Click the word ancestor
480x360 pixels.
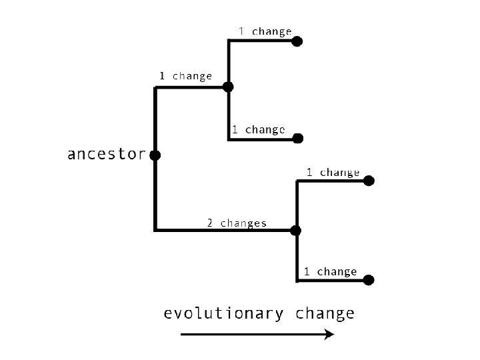tap(106, 155)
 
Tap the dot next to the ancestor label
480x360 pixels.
tap(155, 155)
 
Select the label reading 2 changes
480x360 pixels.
tap(236, 223)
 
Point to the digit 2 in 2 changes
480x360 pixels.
tap(209, 223)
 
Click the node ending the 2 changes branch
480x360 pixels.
tap(296, 231)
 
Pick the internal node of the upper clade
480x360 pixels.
tap(228, 87)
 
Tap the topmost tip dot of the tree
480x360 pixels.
tap(297, 41)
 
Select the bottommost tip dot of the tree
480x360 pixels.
tap(369, 280)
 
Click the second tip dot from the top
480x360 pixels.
tap(298, 139)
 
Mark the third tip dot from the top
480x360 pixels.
tap(369, 181)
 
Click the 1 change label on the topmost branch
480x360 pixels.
tap(265, 31)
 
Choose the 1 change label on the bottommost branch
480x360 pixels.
tap(330, 271)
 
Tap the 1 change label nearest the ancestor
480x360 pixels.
tap(185, 76)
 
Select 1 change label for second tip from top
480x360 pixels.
tap(258, 129)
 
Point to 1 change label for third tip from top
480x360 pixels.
tap(333, 173)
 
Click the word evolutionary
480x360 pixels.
tap(223, 313)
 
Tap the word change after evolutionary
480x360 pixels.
tap(325, 313)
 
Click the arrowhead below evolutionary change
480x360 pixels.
tap(329, 335)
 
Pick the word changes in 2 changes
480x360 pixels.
tap(243, 223)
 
